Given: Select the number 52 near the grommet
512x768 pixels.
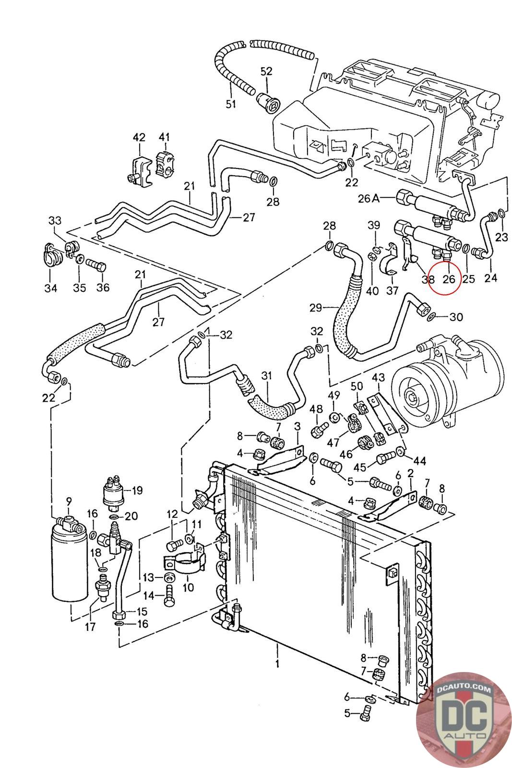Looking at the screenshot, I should (x=266, y=71).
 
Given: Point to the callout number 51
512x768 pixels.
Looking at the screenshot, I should (x=231, y=103).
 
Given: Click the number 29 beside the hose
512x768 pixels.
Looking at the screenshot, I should (x=315, y=308).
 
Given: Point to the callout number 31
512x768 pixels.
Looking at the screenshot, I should (x=266, y=375).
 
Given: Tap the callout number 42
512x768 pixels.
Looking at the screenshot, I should (x=139, y=137).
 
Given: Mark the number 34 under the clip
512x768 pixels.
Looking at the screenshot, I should (x=51, y=288).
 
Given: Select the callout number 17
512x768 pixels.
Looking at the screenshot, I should (x=90, y=626).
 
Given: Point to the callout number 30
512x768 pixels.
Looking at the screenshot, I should (x=456, y=317).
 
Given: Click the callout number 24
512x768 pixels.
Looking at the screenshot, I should (x=491, y=277).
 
